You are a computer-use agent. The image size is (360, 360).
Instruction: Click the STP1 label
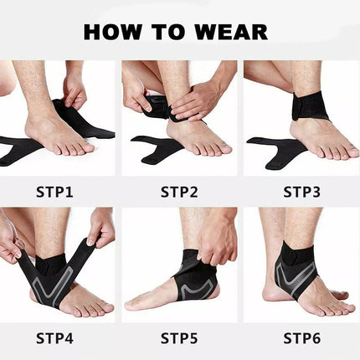pyautogui.click(x=54, y=192)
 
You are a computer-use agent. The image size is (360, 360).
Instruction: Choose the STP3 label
pyautogui.click(x=302, y=192)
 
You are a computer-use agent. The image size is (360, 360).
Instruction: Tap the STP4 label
pyautogui.click(x=54, y=339)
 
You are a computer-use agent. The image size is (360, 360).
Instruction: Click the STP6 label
pyautogui.click(x=302, y=339)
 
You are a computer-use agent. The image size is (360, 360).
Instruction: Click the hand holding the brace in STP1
pyautogui.click(x=75, y=88)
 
